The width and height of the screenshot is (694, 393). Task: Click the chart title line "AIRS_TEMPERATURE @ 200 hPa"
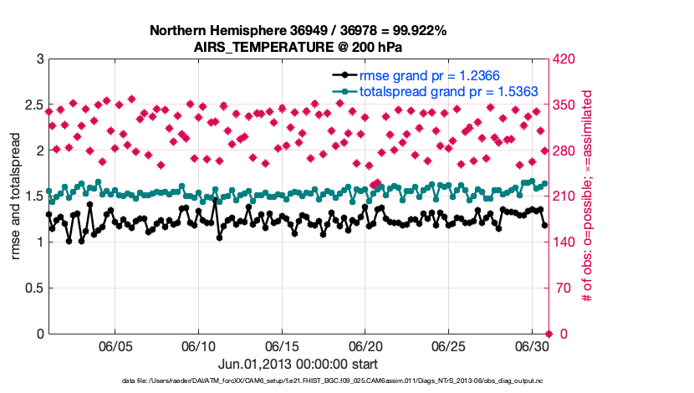tap(298, 46)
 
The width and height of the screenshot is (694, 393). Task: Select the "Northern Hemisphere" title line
tap(298, 30)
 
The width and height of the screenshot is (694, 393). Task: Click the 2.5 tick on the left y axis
tap(32, 105)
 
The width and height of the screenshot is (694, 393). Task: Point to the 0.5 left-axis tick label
tap(32, 288)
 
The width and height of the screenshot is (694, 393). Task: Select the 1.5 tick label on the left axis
tap(32, 196)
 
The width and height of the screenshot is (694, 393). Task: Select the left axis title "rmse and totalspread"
tap(16, 196)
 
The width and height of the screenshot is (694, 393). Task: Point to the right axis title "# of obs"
tap(588, 196)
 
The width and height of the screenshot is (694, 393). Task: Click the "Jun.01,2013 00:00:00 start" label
tap(298, 364)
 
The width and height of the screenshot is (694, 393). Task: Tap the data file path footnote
tap(298, 381)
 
